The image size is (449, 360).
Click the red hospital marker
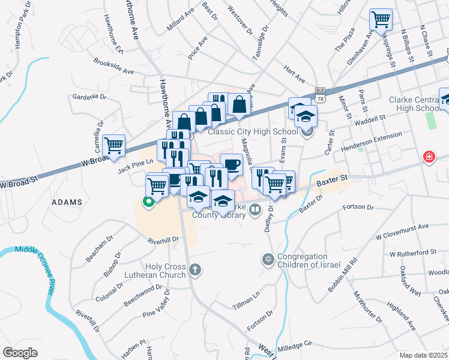[429, 157]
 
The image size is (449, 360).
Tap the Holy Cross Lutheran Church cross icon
[194, 270]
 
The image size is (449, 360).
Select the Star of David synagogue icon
[268, 260]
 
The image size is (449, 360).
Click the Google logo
[20, 353]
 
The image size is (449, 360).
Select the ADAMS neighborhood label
[67, 202]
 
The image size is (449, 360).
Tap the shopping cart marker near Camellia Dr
[113, 144]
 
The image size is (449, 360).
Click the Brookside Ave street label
[113, 66]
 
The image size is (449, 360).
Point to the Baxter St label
[332, 179]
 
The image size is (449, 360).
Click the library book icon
[255, 209]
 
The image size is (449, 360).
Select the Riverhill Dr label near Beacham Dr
[164, 239]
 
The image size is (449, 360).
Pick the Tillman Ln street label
[246, 301]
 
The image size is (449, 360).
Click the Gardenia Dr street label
[89, 97]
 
